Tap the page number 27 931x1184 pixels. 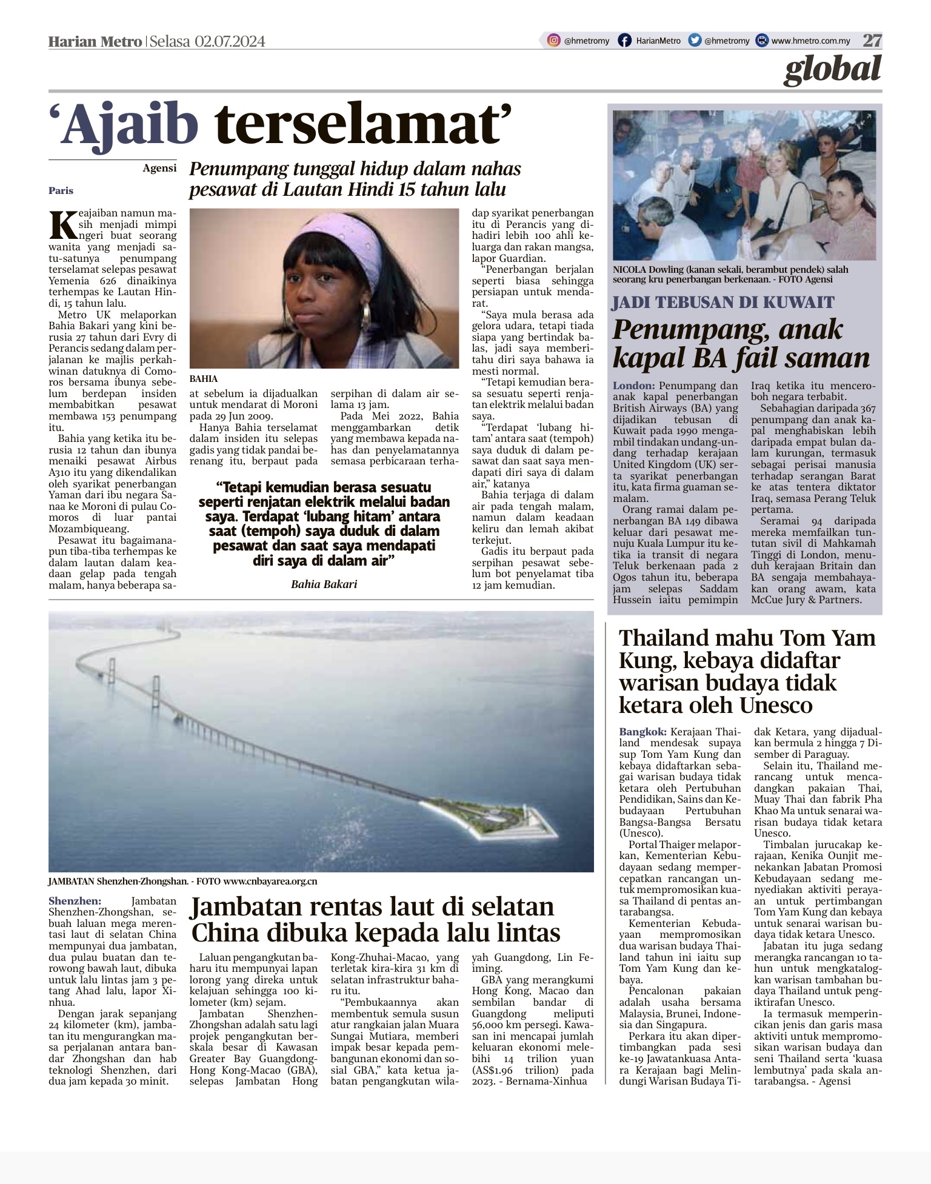(x=872, y=41)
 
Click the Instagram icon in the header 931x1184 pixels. (x=553, y=41)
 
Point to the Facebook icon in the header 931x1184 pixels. (x=624, y=41)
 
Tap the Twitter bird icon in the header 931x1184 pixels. (x=695, y=41)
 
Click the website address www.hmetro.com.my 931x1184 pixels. (x=810, y=41)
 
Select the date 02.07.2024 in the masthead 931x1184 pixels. (x=230, y=41)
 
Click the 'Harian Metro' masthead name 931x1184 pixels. (x=95, y=41)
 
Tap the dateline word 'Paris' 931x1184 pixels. (x=61, y=190)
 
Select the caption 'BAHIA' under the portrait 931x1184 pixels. (x=204, y=378)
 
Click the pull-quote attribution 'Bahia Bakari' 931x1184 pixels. (x=324, y=584)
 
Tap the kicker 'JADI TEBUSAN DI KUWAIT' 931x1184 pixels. (x=723, y=302)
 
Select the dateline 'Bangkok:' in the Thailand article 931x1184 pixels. (x=642, y=732)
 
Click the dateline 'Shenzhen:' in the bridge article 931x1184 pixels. (x=75, y=901)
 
